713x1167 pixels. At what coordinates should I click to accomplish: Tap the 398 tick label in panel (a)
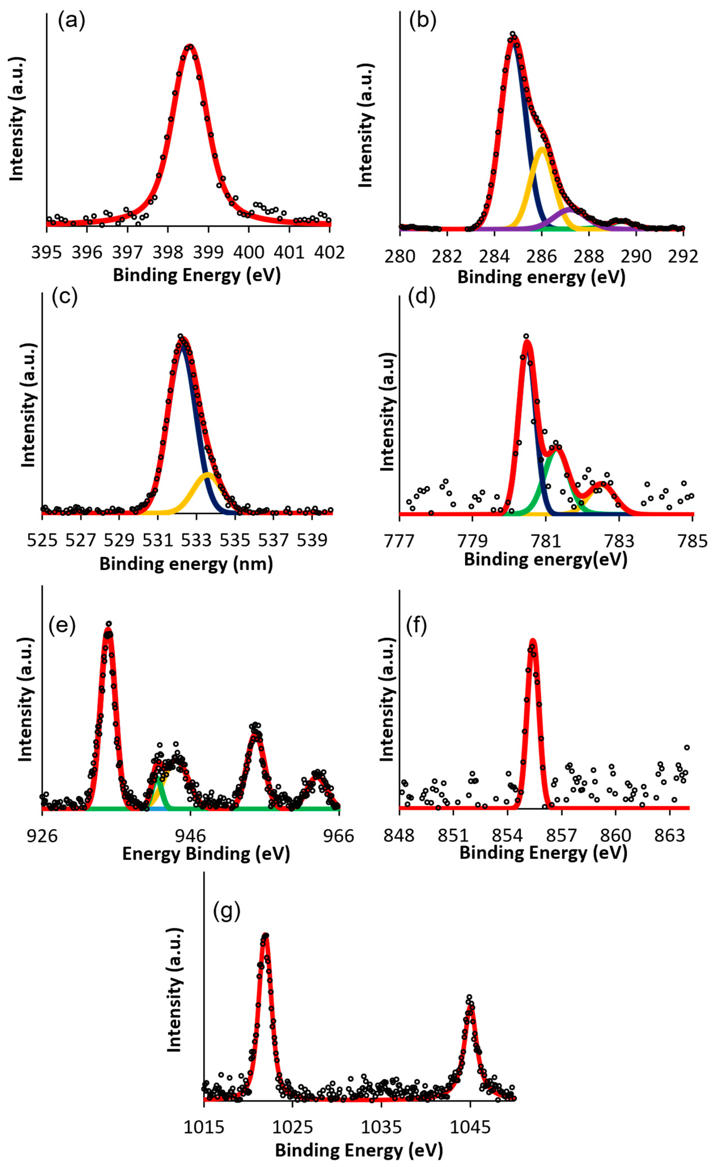coord(168,252)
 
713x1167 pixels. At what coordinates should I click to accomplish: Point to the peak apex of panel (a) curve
coord(189,46)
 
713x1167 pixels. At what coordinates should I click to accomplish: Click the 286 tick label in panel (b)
coord(542,256)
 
